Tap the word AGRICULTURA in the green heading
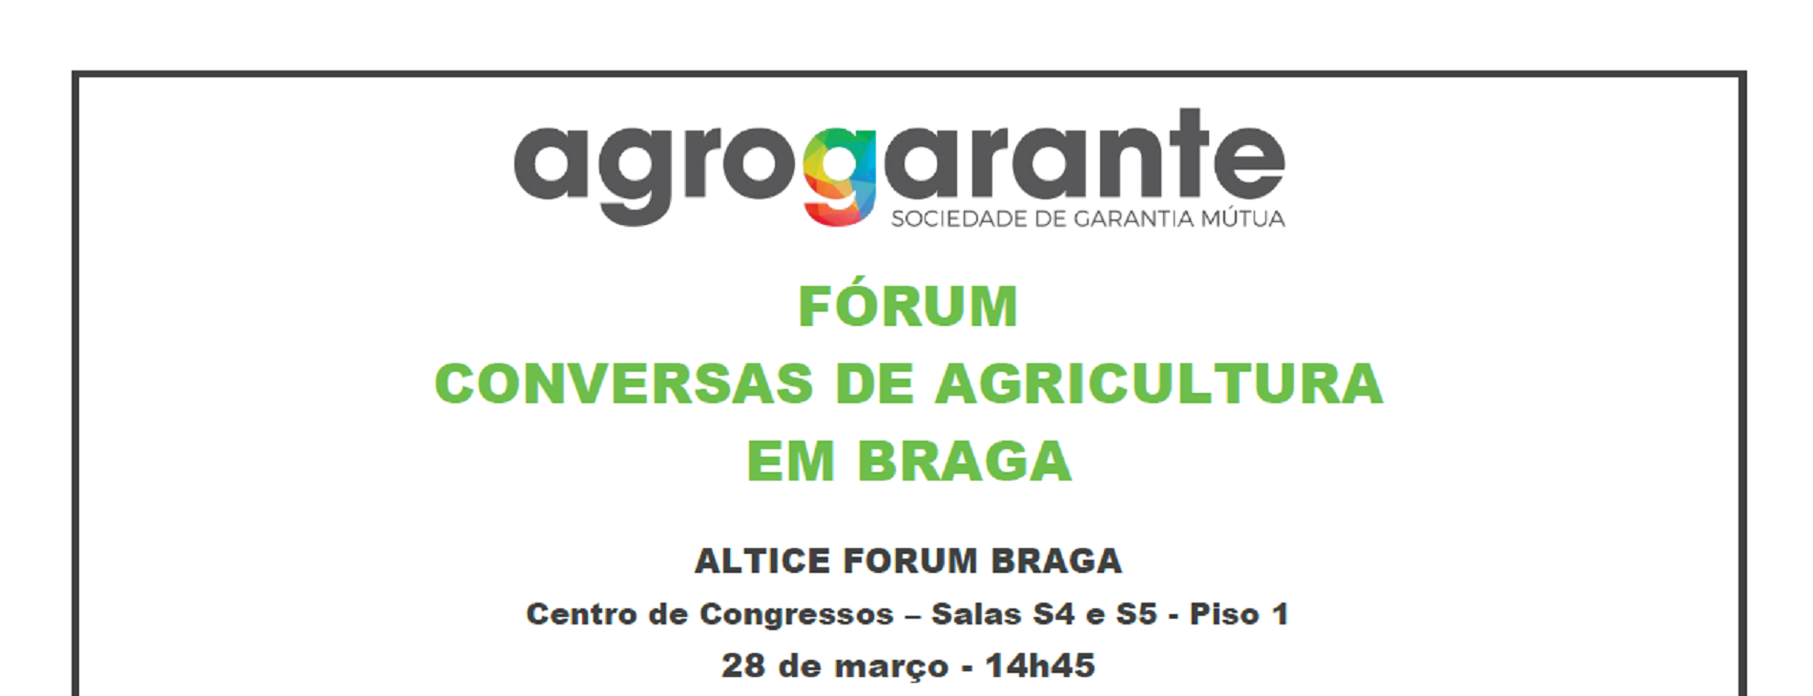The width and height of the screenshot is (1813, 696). [x=1158, y=383]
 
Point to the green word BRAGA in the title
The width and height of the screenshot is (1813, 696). [x=964, y=461]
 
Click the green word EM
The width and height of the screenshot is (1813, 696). [x=791, y=461]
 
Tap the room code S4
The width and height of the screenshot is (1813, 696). [x=1053, y=614]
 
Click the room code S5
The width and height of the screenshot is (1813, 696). [x=1136, y=614]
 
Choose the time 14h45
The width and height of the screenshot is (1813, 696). [x=1040, y=665]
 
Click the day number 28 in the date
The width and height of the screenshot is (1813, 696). [x=743, y=665]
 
